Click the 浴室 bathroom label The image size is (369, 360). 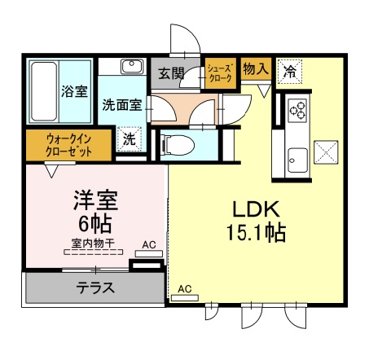pyautogui.click(x=75, y=91)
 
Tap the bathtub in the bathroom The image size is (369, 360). pyautogui.click(x=45, y=89)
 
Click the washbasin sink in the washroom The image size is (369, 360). pyautogui.click(x=131, y=67)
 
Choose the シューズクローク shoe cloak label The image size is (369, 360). pyautogui.click(x=220, y=73)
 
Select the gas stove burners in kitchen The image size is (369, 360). pyautogui.click(x=296, y=108)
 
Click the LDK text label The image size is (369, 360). pyautogui.click(x=254, y=206)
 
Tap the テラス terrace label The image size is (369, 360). pyautogui.click(x=96, y=287)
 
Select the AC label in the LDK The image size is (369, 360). pyautogui.click(x=185, y=288)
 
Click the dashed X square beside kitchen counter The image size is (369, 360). pyautogui.click(x=324, y=152)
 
